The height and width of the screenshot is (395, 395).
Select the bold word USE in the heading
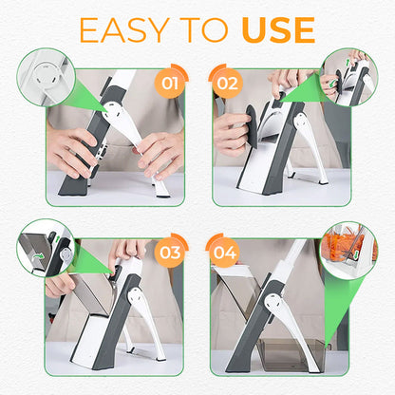point(276,30)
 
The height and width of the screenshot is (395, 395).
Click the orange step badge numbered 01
point(171,83)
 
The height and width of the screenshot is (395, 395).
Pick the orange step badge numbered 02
point(225,83)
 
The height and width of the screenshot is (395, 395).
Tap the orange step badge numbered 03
point(171,254)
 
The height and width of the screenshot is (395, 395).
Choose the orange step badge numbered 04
point(225,254)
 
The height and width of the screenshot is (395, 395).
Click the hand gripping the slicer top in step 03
point(128,252)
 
